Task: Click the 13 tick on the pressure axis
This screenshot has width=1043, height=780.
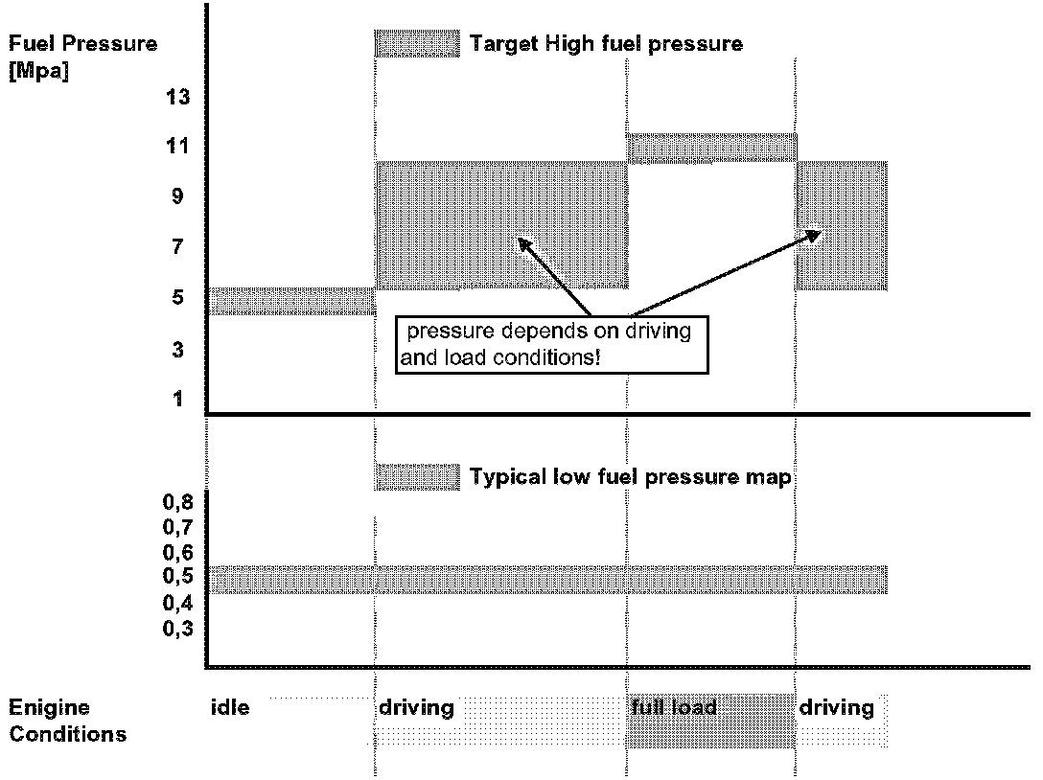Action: coord(177,96)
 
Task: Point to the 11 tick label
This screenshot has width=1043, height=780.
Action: coord(177,146)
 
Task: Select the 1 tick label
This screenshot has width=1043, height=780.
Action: coord(177,399)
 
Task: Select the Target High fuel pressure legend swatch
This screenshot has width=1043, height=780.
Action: coord(417,43)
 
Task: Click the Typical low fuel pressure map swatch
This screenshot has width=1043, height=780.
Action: coord(417,476)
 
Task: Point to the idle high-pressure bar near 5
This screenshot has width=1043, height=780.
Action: coord(291,301)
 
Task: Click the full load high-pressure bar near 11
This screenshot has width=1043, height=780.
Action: coord(711,148)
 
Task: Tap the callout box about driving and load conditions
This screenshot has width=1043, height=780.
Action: coord(551,344)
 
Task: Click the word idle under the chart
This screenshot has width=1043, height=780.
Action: coord(229,708)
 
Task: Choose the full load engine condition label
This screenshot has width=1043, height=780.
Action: coord(674,708)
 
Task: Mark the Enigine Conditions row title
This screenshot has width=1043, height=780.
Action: coord(67,721)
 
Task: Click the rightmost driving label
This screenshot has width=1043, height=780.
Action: coord(836,708)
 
